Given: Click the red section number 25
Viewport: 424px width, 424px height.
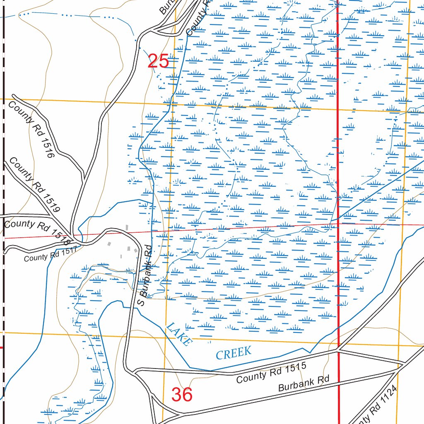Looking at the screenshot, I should (x=158, y=61).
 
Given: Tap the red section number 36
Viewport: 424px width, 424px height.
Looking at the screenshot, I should (x=182, y=395).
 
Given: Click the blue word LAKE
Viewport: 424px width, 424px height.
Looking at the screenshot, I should (x=179, y=334).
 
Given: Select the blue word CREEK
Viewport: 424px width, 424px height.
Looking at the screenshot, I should (x=234, y=353).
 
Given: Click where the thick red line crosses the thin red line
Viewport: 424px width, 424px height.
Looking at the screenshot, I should (x=338, y=224).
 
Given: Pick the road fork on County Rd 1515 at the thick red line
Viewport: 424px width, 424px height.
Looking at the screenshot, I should (x=339, y=350).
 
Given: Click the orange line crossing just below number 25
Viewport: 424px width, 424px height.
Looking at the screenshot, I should (x=174, y=104).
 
